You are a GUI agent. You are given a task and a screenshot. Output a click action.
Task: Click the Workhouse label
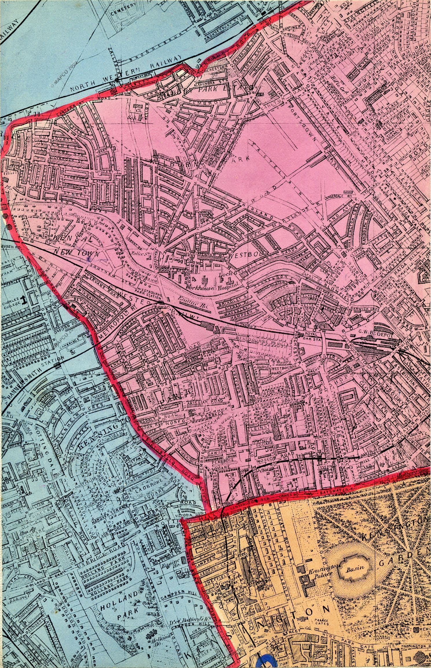pos(198,288)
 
